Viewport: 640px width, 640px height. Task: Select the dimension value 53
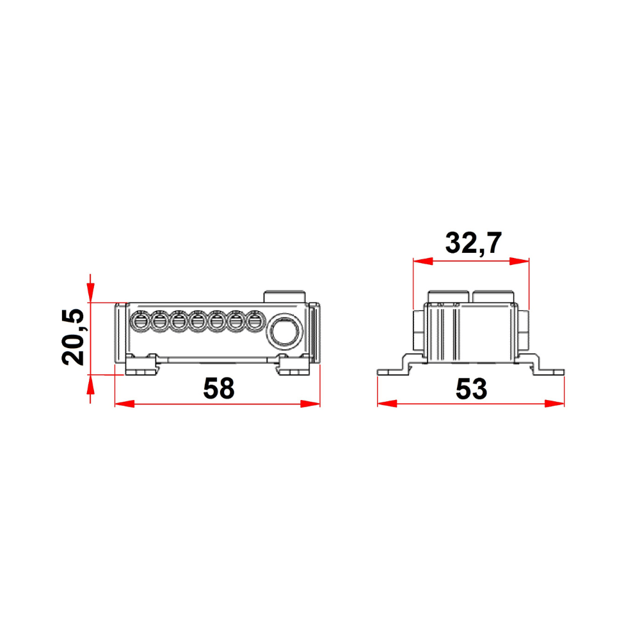click(x=472, y=388)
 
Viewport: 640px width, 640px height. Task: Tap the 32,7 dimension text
click(x=472, y=243)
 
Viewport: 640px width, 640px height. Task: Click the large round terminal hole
click(x=283, y=331)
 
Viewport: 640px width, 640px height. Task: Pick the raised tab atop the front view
click(x=285, y=296)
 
